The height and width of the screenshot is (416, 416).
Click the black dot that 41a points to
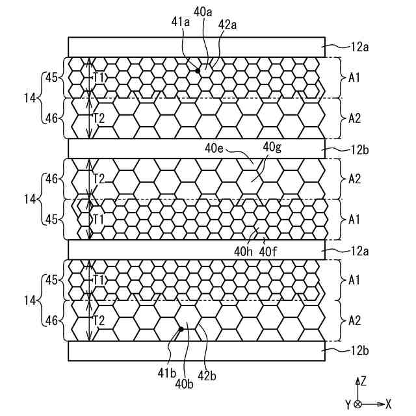(x=198, y=69)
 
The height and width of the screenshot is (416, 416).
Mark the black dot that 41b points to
(x=181, y=330)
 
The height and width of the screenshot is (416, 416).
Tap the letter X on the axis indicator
(x=389, y=404)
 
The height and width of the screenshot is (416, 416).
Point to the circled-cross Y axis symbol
(x=357, y=404)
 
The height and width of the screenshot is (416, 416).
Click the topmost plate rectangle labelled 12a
(x=196, y=47)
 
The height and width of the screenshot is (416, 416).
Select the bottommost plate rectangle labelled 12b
(x=196, y=350)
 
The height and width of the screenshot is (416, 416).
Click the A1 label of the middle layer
(x=354, y=220)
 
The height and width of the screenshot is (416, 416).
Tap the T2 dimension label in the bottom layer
(x=99, y=320)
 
